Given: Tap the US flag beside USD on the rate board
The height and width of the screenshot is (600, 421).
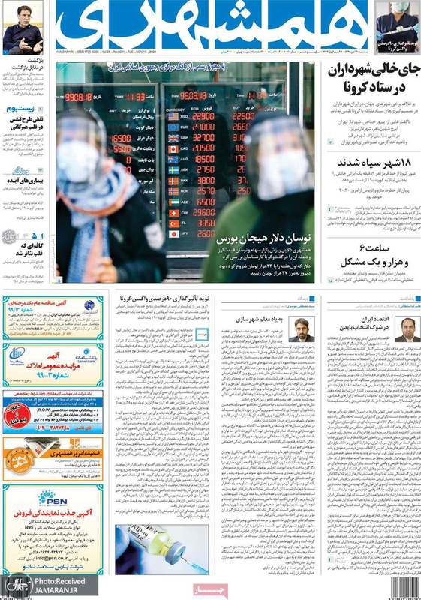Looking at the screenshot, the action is coord(173,116).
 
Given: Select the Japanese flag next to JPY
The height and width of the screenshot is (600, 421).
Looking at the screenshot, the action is coord(173,234).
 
